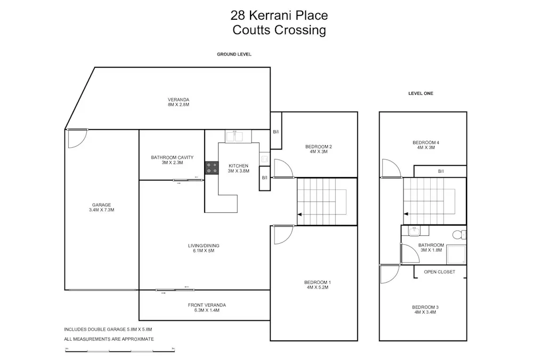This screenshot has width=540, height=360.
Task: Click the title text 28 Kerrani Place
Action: coord(279,15)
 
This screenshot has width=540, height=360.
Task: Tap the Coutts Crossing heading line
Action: coord(279,30)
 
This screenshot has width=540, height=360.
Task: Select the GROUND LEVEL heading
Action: coord(234,54)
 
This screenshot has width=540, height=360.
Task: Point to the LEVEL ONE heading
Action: coord(421,93)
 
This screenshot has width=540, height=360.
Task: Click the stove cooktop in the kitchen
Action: coord(212,167)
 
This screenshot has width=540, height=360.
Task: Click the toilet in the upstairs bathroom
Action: coord(458,234)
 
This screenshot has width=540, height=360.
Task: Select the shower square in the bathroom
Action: coord(456,254)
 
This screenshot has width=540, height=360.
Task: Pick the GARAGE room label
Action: coord(101,205)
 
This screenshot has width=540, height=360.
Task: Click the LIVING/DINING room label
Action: coord(204,246)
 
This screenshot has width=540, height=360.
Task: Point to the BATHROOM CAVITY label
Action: coord(172,157)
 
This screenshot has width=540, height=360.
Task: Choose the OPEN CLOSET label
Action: coord(439,272)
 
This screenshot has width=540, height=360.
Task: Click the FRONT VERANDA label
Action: coord(207,305)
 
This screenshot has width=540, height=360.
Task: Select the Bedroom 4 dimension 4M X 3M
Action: coord(425,148)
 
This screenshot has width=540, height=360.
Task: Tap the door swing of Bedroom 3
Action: coord(389,275)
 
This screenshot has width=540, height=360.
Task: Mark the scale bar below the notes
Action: coord(120,350)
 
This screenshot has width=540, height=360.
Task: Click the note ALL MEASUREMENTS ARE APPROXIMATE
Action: coord(109,339)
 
